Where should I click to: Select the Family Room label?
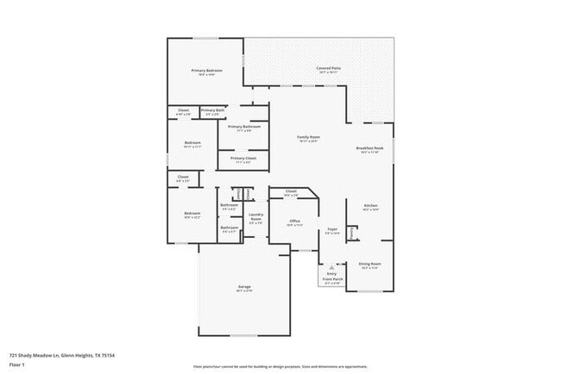coord(309,137)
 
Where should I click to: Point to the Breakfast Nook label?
coord(369,149)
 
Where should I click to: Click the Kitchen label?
coord(370,206)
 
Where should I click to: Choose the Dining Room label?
coord(370,265)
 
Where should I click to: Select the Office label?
coord(294,221)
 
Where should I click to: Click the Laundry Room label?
coord(255,218)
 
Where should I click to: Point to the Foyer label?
coord(332,229)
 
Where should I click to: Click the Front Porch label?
coord(331,279)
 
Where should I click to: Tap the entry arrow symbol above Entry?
coord(331,267)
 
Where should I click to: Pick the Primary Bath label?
coord(212,110)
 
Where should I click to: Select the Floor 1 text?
coord(18,365)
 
